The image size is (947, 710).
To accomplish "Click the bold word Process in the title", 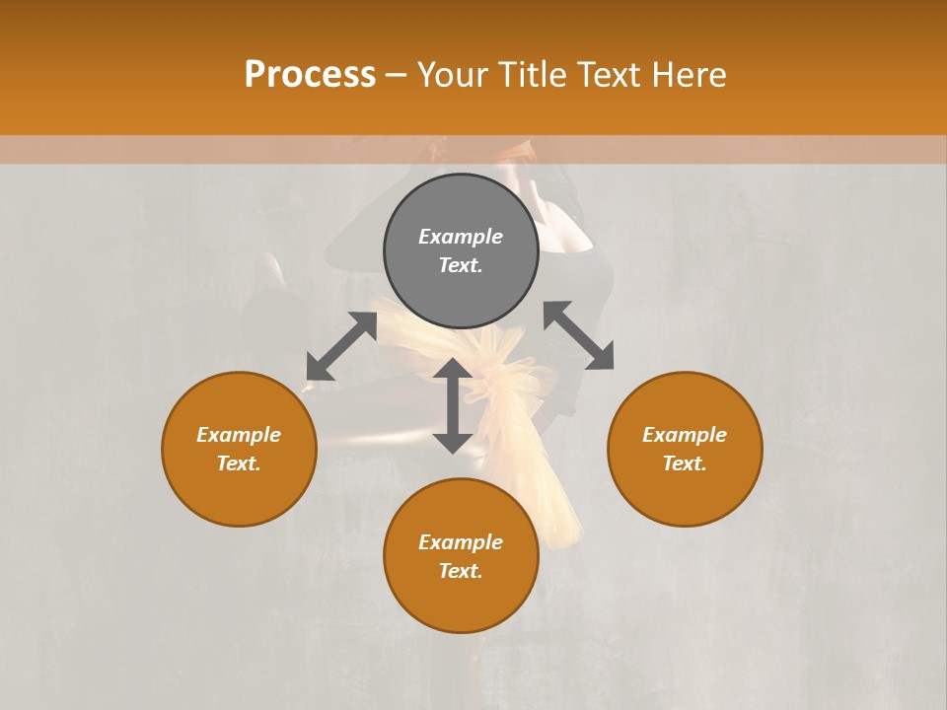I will (310, 75).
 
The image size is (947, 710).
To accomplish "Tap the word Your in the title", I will (454, 75).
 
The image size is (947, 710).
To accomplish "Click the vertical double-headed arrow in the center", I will (453, 405).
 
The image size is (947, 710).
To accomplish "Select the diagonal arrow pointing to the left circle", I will (341, 346).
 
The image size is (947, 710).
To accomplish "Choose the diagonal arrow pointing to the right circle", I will (578, 336).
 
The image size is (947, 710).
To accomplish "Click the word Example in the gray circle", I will (461, 237).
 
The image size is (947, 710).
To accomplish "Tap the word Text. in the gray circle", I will (461, 265).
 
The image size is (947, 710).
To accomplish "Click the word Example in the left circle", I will (239, 435).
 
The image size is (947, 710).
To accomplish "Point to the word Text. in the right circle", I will (685, 463).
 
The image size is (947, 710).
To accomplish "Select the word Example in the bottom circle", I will (461, 542).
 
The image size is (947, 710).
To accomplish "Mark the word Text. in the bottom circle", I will (461, 571).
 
